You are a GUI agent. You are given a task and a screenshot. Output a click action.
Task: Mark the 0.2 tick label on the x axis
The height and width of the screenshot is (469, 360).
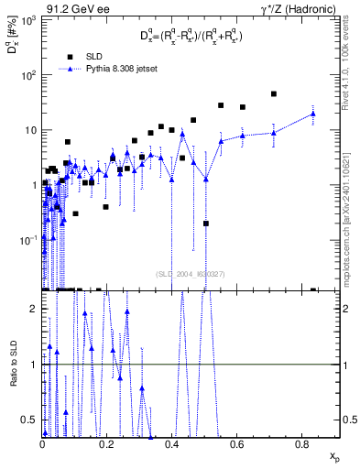tap(107, 445)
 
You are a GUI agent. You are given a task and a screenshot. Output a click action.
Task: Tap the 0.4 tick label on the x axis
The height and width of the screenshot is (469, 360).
tap(172, 445)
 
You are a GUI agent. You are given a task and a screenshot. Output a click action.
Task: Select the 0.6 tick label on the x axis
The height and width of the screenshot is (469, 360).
tap(237, 445)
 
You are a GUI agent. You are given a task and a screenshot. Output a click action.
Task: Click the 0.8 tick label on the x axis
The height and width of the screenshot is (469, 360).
tap(302, 445)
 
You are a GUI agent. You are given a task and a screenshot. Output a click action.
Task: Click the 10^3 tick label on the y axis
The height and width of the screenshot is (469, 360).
tap(28, 19)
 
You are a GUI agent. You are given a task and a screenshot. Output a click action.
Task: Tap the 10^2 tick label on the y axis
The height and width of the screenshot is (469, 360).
tap(28, 74)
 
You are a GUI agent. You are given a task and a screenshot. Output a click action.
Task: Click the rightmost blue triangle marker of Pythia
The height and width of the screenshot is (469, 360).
tap(313, 114)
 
